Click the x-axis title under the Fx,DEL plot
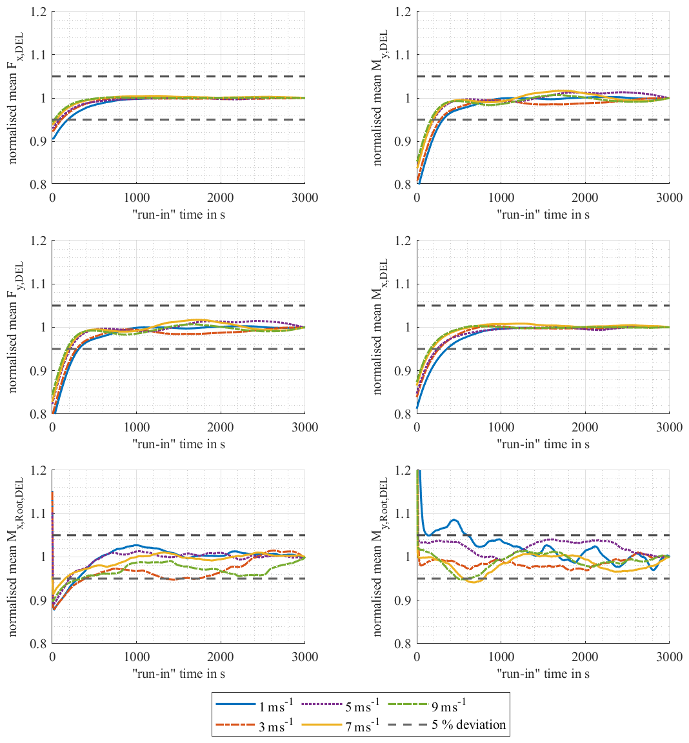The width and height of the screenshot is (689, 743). (x=179, y=214)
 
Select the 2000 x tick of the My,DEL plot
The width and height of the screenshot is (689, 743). (x=585, y=198)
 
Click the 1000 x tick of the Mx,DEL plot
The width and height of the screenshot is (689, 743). (x=501, y=427)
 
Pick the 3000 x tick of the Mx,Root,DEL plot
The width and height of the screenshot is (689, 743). (x=305, y=657)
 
